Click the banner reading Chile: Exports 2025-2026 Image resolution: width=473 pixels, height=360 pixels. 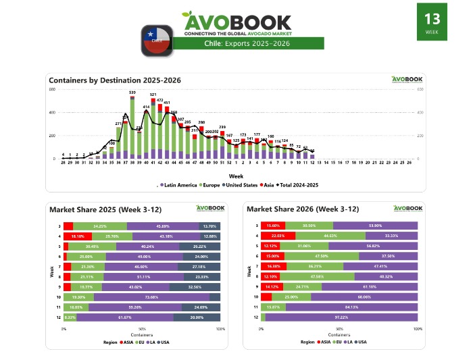point(249,44)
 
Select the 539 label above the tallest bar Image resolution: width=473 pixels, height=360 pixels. point(132,93)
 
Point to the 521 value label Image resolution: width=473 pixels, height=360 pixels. point(153,95)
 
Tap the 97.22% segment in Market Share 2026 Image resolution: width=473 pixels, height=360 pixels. point(341,317)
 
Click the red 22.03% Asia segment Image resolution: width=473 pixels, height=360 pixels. point(272,236)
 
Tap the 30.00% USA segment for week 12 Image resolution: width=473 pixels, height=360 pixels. point(197,317)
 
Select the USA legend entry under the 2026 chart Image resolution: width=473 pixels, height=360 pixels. point(362,342)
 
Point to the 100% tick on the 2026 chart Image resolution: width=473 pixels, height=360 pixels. point(418,329)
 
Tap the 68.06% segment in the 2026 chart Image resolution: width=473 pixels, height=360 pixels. point(364,297)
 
